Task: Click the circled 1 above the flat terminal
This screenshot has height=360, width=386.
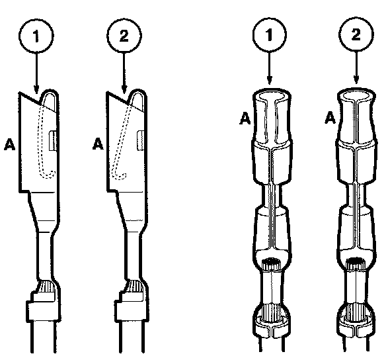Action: [36, 36]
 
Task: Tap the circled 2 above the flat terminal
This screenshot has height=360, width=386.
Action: [124, 36]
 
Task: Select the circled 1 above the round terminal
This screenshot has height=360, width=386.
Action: [270, 34]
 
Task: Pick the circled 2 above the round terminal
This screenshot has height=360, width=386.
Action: [356, 34]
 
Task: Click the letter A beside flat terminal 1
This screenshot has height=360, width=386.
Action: [10, 144]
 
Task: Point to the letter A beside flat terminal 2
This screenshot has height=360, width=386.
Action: [98, 144]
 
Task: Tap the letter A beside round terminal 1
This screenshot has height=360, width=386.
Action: [245, 118]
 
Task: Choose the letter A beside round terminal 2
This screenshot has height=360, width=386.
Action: [330, 117]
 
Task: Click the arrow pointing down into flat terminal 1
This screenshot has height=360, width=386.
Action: [36, 72]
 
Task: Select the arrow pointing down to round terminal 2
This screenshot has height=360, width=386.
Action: [356, 67]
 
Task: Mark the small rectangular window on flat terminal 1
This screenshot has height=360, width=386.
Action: [53, 141]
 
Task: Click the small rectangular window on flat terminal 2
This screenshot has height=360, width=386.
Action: [141, 140]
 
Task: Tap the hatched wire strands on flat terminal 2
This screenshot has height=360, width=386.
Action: [135, 287]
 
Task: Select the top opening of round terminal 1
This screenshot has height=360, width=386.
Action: [272, 96]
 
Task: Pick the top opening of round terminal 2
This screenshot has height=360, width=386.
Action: [356, 95]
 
